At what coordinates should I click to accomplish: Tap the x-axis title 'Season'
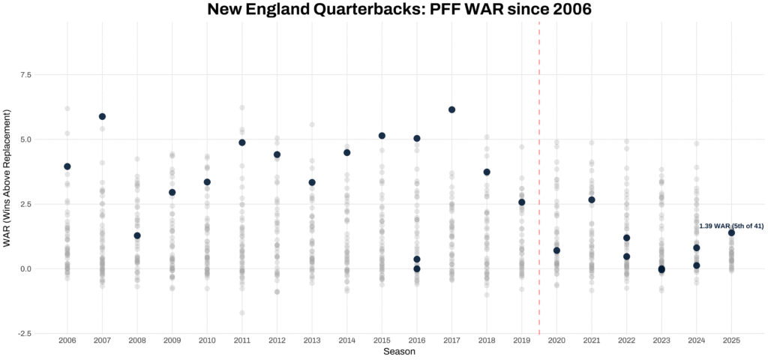[399, 351]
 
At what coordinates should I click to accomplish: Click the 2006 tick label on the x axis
[67, 340]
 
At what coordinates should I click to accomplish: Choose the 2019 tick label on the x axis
[522, 340]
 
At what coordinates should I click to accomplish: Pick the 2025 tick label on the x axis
[731, 340]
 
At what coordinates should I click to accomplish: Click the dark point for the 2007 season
[103, 116]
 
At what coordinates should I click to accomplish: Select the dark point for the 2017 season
[452, 109]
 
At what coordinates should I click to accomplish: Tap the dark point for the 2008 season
[137, 235]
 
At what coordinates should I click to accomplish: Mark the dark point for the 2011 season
[242, 142]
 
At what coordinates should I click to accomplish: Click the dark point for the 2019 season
[522, 202]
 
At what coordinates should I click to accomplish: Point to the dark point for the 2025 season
[731, 232]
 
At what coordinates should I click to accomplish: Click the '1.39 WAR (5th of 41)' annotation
[731, 226]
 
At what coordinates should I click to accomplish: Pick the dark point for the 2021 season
[592, 199]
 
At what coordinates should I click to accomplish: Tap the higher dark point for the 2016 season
[417, 138]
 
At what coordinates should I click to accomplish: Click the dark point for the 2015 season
[382, 136]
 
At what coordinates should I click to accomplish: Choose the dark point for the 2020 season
[556, 250]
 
